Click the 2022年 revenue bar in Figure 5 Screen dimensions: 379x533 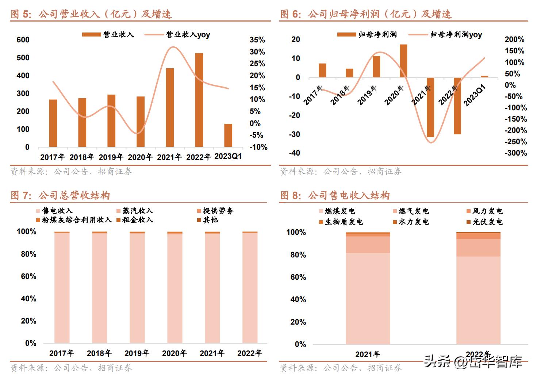pyautogui.click(x=199, y=100)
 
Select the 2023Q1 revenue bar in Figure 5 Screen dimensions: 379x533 pyautogui.click(x=228, y=135)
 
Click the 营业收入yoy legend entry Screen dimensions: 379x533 pyautogui.click(x=177, y=35)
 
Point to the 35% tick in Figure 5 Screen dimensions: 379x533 pyautogui.click(x=257, y=40)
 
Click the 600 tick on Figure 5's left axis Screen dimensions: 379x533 pyautogui.click(x=23, y=40)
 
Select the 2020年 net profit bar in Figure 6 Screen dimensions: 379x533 pyautogui.click(x=403, y=61)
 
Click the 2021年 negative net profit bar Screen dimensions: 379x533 pyautogui.click(x=430, y=107)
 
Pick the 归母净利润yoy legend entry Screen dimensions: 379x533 pyautogui.click(x=445, y=35)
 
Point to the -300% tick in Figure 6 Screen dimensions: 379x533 pyautogui.click(x=515, y=153)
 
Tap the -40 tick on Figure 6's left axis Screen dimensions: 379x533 pyautogui.click(x=295, y=153)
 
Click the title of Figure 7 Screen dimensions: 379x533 pyautogui.click(x=60, y=195)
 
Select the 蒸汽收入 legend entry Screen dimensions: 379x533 pyautogui.click(x=134, y=211)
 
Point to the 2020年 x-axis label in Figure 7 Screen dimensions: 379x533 pyautogui.click(x=175, y=353)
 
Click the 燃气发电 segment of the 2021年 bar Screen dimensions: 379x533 pyautogui.click(x=368, y=245)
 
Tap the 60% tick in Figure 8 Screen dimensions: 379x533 pyautogui.click(x=298, y=277)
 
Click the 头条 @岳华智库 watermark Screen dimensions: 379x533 pyautogui.click(x=473, y=361)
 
